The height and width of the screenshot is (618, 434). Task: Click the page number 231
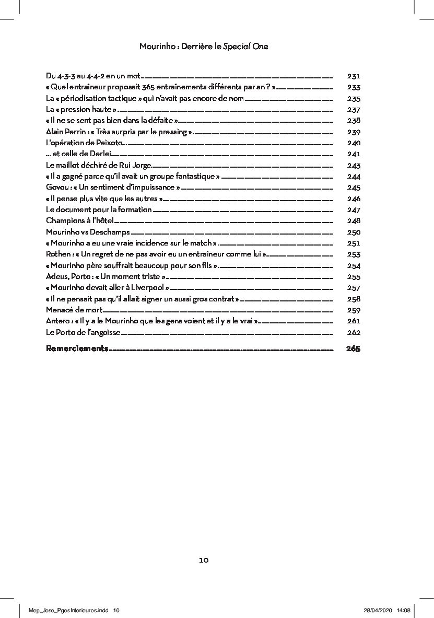click(354, 76)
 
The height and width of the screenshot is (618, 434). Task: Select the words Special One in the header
click(245, 46)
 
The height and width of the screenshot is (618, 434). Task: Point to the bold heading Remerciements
click(77, 348)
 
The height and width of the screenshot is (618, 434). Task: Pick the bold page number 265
click(353, 348)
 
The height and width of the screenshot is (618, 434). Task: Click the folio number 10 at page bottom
click(204, 560)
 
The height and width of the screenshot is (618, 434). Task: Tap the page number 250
click(354, 232)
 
